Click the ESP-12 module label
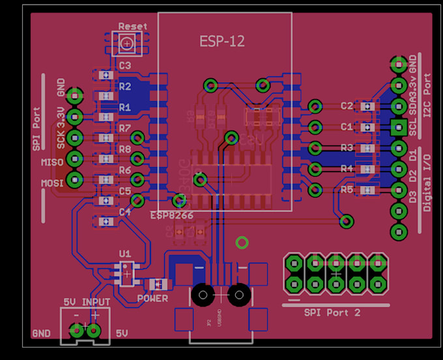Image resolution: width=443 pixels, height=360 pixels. pos(222,41)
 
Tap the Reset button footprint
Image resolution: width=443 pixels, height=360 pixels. pos(127,44)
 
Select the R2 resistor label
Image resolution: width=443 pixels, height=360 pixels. pos(125,85)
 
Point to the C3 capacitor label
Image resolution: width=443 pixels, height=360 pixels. pos(125,65)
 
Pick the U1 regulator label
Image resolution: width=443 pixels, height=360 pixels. pos(125,253)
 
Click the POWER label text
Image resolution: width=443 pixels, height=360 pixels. pos(152,299)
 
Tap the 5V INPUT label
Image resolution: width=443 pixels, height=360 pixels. pos(87,302)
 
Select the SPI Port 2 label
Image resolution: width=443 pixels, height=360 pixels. pos(332,312)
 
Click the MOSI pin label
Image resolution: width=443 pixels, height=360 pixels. pos(52,183)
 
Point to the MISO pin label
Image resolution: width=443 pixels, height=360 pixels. pos(52,162)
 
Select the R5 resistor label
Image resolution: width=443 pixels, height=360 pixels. pos(347,190)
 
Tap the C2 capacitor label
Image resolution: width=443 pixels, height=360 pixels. pos(347,106)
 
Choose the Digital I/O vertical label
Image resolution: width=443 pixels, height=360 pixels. pos(427,181)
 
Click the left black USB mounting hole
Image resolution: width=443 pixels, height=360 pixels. pos(203,295)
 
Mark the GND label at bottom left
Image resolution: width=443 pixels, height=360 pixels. pos(41,333)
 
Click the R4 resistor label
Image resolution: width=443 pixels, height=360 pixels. pos(347,169)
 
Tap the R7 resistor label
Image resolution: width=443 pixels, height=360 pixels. pos(125,128)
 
